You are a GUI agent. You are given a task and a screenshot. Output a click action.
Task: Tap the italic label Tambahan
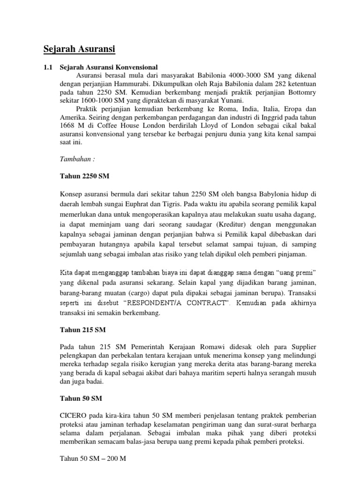point(76,159)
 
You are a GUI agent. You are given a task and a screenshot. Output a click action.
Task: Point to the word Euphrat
point(172,205)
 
